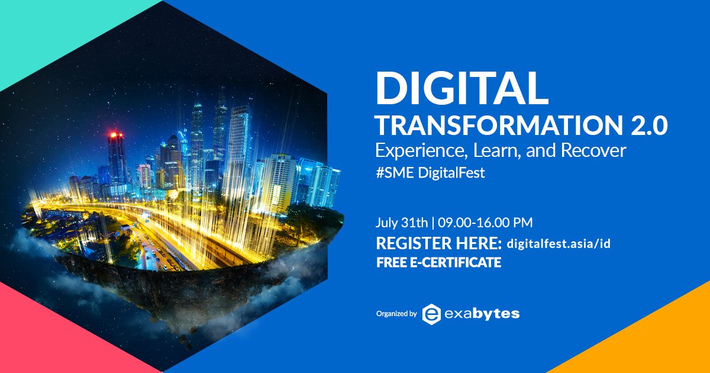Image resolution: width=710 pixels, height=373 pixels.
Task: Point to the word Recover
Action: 593,150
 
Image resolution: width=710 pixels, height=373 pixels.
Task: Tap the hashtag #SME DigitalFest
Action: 430,173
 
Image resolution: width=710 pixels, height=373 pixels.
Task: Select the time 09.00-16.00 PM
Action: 485,223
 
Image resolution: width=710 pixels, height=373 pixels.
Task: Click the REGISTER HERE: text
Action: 438,243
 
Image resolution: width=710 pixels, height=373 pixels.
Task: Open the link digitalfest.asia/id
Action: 559,243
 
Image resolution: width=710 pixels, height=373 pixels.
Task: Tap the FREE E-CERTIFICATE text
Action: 438,263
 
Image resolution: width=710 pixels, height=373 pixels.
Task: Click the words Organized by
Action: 396,314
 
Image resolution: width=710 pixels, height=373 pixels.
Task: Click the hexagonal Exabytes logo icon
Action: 431,314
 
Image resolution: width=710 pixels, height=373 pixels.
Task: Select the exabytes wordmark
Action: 482,314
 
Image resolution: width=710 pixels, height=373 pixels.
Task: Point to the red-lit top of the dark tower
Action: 117,135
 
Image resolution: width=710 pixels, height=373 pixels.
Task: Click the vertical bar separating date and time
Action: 433,223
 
